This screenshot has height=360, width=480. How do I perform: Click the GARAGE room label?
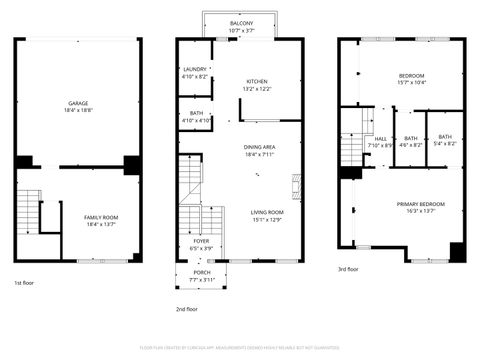pyautogui.click(x=77, y=103)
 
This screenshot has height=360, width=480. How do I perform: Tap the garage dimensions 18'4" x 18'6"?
pyautogui.click(x=77, y=111)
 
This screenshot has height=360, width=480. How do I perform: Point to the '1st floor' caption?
pyautogui.click(x=25, y=283)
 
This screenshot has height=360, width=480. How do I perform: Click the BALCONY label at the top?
pyautogui.click(x=241, y=22)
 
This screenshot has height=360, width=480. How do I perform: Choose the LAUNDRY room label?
pyautogui.click(x=195, y=69)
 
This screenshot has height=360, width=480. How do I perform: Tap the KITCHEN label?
pyautogui.click(x=257, y=81)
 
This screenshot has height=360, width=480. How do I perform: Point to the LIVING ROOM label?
pyautogui.click(x=266, y=212)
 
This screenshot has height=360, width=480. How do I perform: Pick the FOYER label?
pyautogui.click(x=201, y=241)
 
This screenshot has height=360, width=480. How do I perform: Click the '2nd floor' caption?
pyautogui.click(x=187, y=309)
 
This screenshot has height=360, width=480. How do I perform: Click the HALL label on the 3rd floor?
pyautogui.click(x=380, y=139)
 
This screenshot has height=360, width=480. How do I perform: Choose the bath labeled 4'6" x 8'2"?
pyautogui.click(x=411, y=139)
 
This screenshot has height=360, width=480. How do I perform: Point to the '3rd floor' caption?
pyautogui.click(x=348, y=268)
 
